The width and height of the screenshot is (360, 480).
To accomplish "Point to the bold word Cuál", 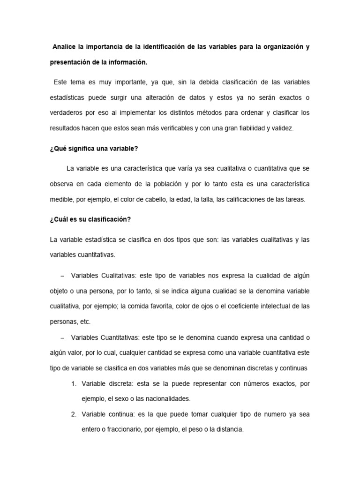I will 61,219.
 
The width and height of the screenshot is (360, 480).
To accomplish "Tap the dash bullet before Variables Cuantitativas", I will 63,337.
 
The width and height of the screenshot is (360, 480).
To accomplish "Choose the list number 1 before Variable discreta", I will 74,384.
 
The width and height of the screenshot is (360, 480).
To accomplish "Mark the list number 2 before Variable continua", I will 74,415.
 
